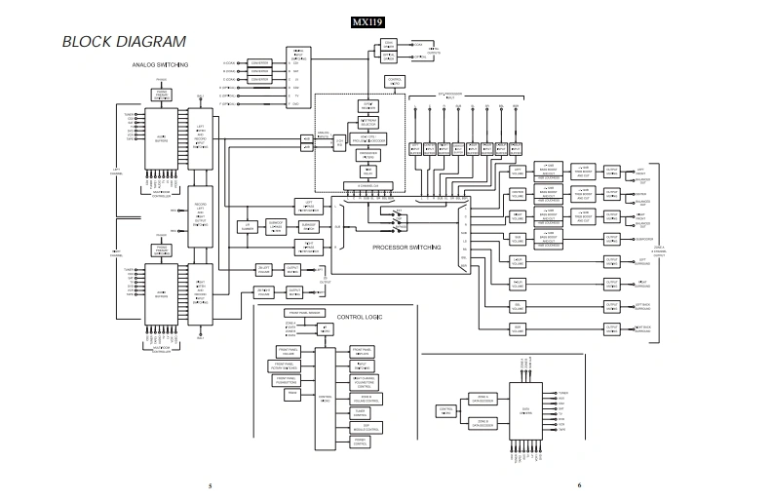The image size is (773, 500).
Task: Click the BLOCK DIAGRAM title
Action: click(124, 42)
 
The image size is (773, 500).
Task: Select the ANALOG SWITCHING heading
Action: click(160, 65)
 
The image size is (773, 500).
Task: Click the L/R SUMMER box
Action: click(248, 226)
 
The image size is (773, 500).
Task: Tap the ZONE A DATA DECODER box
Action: click(484, 398)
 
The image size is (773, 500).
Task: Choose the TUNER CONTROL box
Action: click(360, 412)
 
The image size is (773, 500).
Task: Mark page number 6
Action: click(579, 484)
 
